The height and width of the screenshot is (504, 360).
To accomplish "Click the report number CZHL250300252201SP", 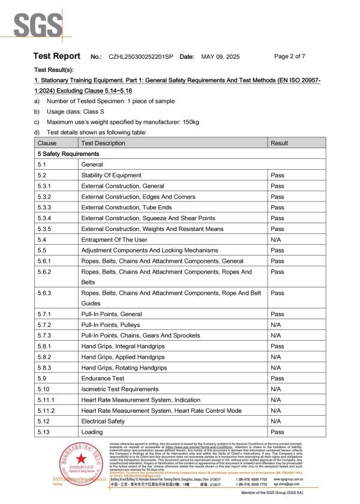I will point(141,56).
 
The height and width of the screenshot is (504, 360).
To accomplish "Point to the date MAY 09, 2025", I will point(220,56).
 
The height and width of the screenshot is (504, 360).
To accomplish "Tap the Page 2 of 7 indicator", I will point(290,56).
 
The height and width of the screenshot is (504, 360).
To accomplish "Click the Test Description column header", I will point(103,143).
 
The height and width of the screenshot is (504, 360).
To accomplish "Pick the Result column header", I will point(279,143).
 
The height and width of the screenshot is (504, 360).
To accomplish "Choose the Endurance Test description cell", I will point(103,379).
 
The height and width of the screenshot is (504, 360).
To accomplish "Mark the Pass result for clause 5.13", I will point(277,432).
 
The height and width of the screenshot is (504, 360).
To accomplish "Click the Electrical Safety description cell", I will point(103,421).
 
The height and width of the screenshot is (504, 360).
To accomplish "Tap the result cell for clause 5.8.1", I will point(277,346).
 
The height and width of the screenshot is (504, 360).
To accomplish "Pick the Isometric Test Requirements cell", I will point(119,389).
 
